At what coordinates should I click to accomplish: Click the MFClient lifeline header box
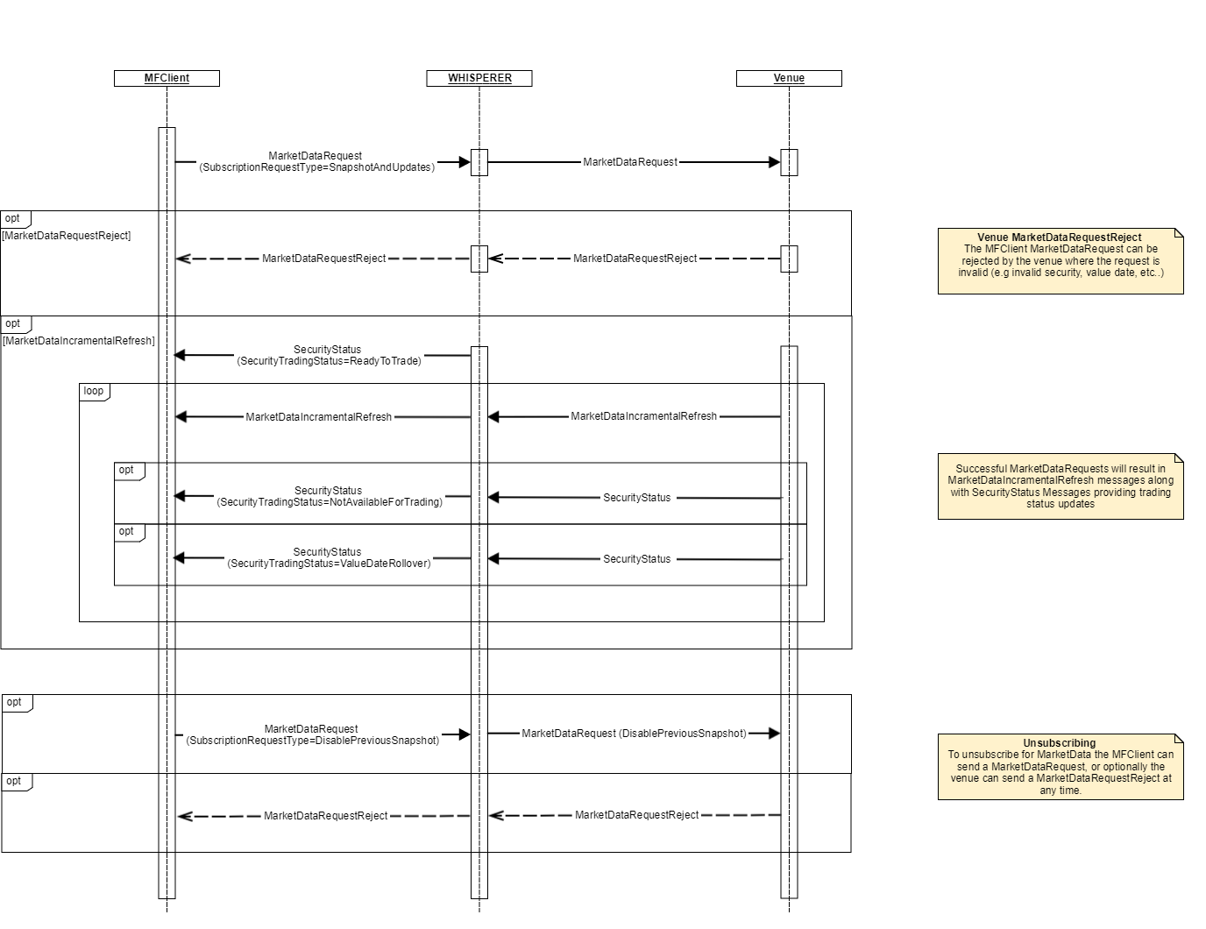tap(167, 78)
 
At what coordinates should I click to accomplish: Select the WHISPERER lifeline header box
tap(479, 78)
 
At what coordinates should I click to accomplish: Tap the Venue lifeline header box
tap(789, 78)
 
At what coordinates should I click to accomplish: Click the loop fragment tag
tap(94, 392)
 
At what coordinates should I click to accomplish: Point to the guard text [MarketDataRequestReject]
tap(67, 236)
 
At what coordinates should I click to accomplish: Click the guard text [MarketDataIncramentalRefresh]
tap(79, 341)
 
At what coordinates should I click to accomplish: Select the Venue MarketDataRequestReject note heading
tap(1059, 238)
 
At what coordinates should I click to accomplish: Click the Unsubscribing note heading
tap(1059, 743)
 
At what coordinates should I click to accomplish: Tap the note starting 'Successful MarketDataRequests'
tap(1061, 486)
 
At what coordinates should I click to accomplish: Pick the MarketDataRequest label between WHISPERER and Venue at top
tap(630, 162)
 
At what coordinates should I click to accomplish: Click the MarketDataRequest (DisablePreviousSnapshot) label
tap(634, 734)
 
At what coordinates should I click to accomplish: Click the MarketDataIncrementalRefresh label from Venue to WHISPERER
tap(643, 416)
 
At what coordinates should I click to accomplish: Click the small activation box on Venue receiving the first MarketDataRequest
tap(789, 162)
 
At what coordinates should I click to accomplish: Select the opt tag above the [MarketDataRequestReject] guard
tap(14, 219)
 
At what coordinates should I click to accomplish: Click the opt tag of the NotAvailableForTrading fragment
tap(127, 471)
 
